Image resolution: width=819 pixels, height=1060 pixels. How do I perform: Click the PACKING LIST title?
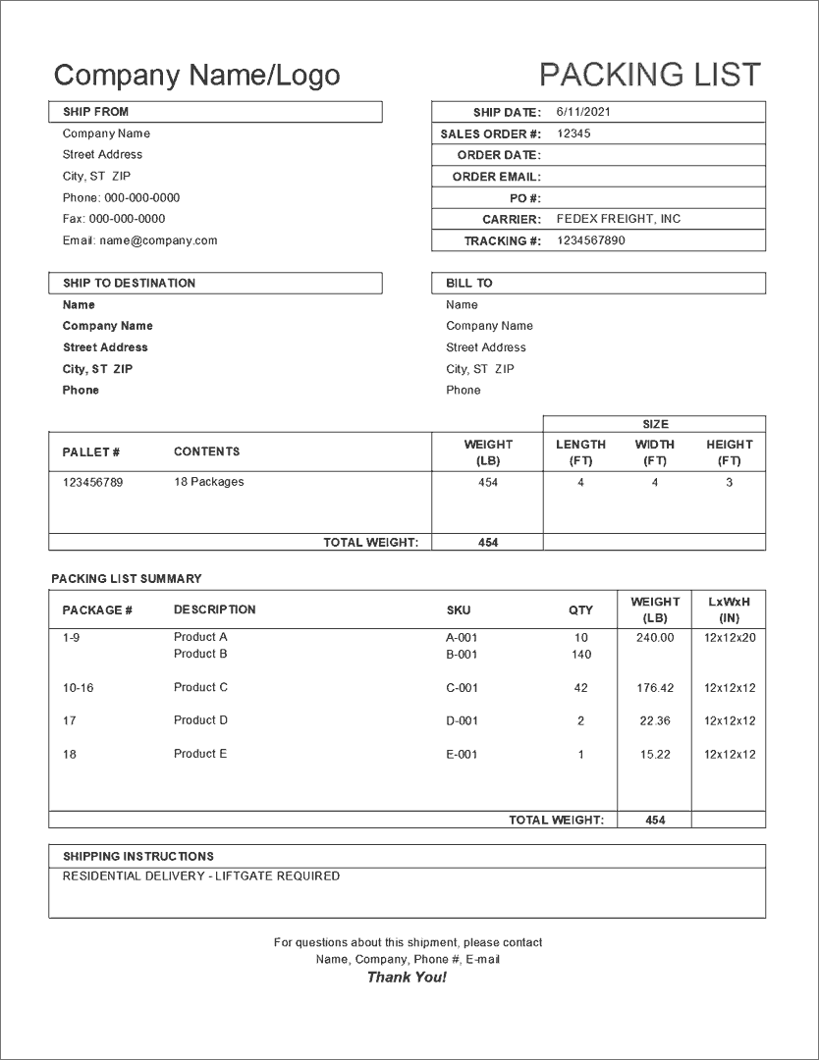[x=649, y=75]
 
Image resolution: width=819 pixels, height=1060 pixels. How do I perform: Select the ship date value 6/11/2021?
[x=583, y=112]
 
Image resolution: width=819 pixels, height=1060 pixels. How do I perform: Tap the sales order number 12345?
[x=573, y=133]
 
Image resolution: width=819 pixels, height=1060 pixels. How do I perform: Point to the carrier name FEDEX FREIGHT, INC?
[x=618, y=219]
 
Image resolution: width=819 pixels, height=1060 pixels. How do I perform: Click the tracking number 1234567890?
[x=590, y=240]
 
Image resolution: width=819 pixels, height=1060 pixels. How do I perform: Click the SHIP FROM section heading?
[x=95, y=112]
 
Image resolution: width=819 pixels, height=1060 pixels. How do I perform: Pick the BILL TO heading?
[x=469, y=283]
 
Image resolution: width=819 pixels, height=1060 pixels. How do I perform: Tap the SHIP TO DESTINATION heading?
[x=129, y=283]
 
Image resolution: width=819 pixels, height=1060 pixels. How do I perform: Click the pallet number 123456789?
[x=92, y=482]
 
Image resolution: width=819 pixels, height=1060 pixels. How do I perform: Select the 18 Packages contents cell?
[x=208, y=482]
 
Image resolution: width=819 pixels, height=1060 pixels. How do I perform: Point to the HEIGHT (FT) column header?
[x=729, y=451]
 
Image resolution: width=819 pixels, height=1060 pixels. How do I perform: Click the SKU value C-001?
[x=462, y=688]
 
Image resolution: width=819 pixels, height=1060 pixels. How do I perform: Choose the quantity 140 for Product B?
[x=580, y=655]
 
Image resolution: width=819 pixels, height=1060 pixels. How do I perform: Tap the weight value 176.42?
[x=655, y=688]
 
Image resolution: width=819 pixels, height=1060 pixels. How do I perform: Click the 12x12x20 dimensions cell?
[x=730, y=638]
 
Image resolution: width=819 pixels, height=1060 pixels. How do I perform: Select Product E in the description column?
[x=200, y=754]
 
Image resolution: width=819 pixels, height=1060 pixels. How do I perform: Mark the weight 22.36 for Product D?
[x=655, y=721]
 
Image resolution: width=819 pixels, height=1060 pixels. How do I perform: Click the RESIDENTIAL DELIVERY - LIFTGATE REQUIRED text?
[x=201, y=875]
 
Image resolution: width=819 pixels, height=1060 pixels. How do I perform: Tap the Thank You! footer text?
[x=407, y=978]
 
